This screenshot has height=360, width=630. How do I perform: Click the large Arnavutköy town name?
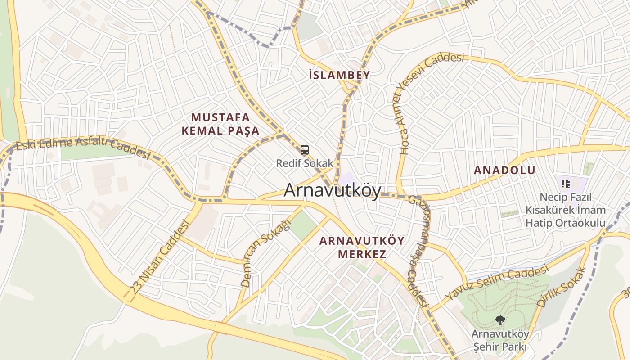pos(332,191)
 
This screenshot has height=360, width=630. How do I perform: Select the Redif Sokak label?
pos(305,163)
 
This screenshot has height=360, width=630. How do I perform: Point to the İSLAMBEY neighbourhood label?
pos(340,75)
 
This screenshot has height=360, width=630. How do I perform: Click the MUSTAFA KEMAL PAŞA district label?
pos(220,124)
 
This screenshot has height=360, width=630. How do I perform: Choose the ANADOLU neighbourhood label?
pos(504,170)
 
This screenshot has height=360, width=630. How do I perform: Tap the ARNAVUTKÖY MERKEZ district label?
pos(362,247)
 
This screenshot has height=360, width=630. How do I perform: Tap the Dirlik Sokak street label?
pos(562,288)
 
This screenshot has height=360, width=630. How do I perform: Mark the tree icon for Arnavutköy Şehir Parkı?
pos(499,320)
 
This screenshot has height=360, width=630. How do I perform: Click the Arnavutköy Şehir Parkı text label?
pos(499,341)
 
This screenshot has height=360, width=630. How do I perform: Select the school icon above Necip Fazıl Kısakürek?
pos(566,183)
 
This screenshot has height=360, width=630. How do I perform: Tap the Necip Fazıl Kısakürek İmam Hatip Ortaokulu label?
pos(566,210)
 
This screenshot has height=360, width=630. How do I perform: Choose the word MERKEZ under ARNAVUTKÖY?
pos(362,254)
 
